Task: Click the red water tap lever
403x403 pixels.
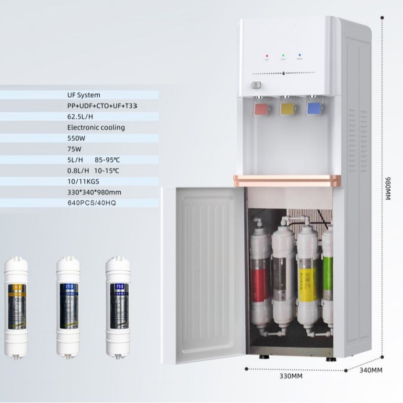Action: [x=262, y=108]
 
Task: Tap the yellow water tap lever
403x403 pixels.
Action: [x=287, y=108]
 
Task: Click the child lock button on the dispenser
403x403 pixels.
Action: [x=256, y=86]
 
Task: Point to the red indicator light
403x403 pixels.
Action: [x=267, y=56]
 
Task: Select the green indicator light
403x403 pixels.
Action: [x=283, y=56]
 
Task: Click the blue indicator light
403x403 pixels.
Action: [x=299, y=56]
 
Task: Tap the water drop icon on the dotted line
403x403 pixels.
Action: [x=283, y=73]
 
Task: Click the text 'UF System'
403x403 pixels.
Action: [x=84, y=95]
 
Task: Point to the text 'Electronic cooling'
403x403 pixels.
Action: [x=96, y=127]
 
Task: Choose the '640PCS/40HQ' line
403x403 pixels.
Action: [x=92, y=203]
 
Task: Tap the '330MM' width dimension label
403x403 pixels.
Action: [x=291, y=376]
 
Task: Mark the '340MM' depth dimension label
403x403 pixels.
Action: [x=370, y=370]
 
